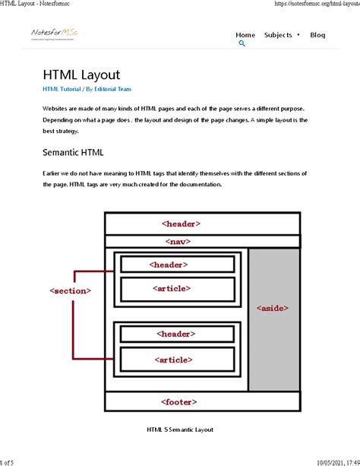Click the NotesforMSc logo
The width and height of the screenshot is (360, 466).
(55, 34)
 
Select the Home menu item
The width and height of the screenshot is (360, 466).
(245, 35)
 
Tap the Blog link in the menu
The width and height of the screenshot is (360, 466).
(317, 35)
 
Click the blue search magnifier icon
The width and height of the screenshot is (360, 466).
(242, 44)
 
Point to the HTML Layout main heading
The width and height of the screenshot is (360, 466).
(81, 74)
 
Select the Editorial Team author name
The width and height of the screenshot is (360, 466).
(113, 89)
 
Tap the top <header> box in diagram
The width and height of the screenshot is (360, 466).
(181, 224)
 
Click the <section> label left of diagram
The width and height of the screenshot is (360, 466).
(70, 290)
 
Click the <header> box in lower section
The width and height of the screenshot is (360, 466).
(176, 334)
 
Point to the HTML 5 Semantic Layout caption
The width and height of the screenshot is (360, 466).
(180, 430)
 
